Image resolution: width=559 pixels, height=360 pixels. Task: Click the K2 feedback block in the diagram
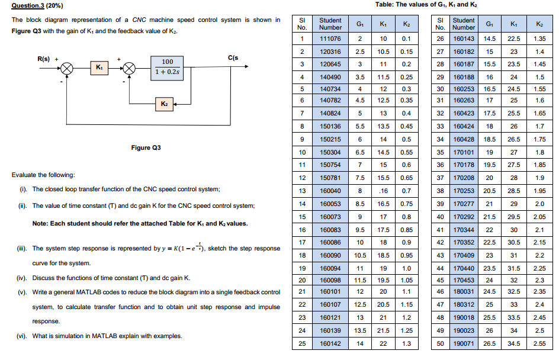pyautogui.click(x=164, y=104)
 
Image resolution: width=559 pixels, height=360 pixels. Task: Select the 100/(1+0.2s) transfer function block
pyautogui.click(x=168, y=67)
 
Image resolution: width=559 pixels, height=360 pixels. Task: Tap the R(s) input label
pyautogui.click(x=43, y=59)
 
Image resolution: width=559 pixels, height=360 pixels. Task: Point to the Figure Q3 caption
pyautogui.click(x=146, y=147)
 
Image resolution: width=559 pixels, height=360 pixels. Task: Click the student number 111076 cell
pyautogui.click(x=330, y=39)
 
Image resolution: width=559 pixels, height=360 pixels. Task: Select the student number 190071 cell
pyautogui.click(x=464, y=343)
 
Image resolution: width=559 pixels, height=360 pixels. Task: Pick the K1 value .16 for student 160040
pyautogui.click(x=383, y=191)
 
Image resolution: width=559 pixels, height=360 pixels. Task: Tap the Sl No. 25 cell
pyautogui.click(x=301, y=343)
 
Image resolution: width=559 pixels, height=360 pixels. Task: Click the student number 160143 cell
pyautogui.click(x=464, y=39)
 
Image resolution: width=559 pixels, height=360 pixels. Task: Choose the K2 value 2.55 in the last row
pyautogui.click(x=539, y=343)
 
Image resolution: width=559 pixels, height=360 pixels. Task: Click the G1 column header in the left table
pyautogui.click(x=359, y=24)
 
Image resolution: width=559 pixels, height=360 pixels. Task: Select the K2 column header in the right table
pyautogui.click(x=539, y=24)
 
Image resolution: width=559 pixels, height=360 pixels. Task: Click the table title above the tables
pyautogui.click(x=426, y=5)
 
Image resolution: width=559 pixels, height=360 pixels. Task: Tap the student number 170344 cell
pyautogui.click(x=464, y=229)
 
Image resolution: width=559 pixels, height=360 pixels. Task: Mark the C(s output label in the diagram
pyautogui.click(x=233, y=58)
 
